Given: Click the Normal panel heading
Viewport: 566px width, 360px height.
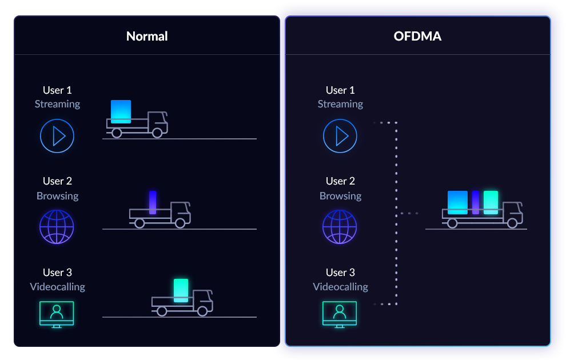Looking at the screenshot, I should coord(147,37).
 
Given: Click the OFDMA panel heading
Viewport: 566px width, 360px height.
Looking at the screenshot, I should coord(417,37).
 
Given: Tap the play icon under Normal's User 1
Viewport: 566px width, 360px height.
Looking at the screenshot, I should coord(57,136).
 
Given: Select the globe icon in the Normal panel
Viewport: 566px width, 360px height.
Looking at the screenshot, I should coord(57,227).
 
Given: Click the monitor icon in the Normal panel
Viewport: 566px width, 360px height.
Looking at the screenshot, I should coord(57,314).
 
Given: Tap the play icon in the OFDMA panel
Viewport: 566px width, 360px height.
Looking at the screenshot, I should coord(340,136).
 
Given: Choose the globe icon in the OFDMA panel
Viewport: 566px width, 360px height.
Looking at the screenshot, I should coord(340,227).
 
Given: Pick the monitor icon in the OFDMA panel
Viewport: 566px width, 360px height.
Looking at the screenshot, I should coord(340,314).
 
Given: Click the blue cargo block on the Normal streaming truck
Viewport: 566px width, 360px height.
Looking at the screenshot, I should coord(121,111).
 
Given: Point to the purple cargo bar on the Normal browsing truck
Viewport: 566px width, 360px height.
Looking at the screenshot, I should coord(153,202).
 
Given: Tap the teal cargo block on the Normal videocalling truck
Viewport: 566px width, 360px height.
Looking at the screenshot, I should coord(181,290).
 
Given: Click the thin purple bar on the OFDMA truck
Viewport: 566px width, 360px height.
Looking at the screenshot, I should coord(476,202).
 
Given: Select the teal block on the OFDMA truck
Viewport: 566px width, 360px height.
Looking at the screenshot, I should coord(491,202).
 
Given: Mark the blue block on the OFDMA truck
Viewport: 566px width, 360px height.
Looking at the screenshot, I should coord(457,202).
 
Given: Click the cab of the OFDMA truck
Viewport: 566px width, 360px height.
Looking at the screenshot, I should coord(512,213).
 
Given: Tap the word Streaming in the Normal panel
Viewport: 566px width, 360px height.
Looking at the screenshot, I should coord(57,104).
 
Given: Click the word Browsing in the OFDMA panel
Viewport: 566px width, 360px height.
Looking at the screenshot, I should coord(340,195).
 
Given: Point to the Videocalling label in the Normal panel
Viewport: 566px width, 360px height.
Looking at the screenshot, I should coord(57,287).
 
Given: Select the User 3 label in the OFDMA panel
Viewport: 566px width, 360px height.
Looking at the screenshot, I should coord(340,273).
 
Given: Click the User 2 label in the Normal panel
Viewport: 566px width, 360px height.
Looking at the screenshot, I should coord(57,181).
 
